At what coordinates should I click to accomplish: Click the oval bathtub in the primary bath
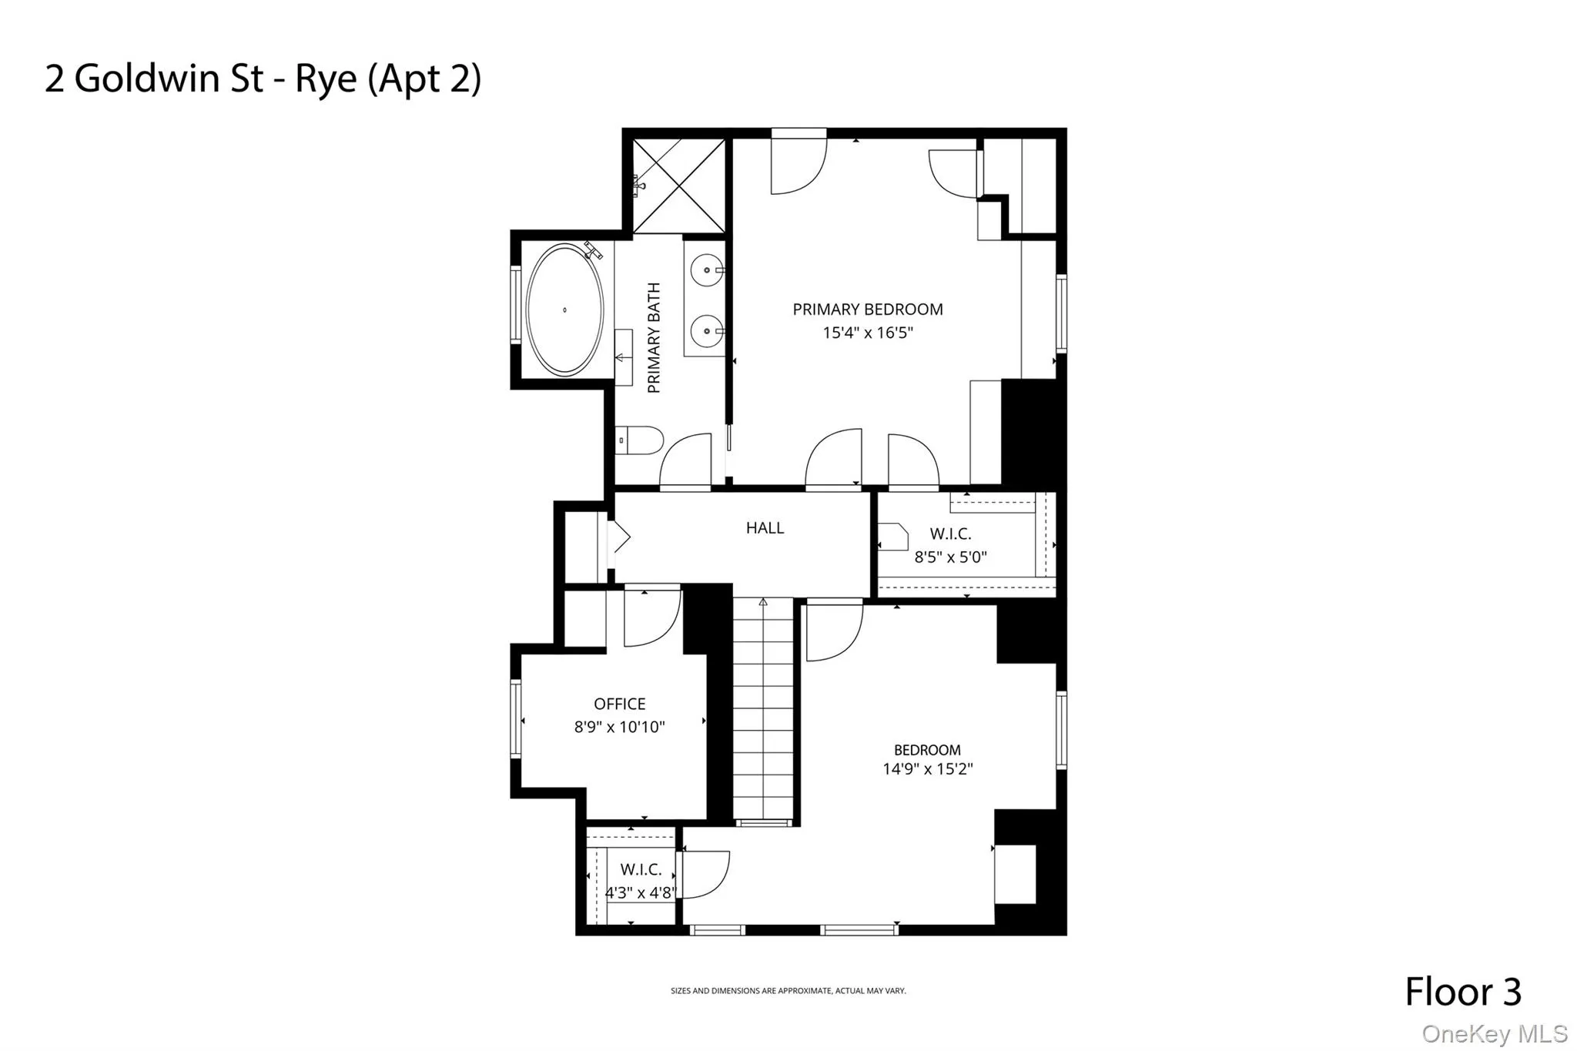tap(564, 310)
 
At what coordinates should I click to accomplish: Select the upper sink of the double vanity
tap(706, 271)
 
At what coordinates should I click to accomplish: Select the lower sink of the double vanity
tap(706, 333)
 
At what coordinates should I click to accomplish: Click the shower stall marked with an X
tap(679, 186)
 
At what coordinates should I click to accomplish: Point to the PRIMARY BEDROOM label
tap(868, 310)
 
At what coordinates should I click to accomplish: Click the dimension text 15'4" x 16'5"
tap(868, 333)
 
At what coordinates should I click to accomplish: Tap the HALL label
tap(765, 528)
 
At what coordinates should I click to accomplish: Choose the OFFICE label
tap(619, 704)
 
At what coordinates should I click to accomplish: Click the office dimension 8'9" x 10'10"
tap(619, 727)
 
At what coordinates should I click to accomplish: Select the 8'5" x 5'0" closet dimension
tap(950, 557)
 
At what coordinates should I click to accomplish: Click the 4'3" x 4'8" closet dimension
tap(641, 893)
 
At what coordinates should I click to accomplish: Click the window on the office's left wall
tap(516, 719)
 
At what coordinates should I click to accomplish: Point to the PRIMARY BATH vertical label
tap(654, 337)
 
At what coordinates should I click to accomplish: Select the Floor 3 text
tap(1463, 992)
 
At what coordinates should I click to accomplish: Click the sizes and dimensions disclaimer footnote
tap(788, 991)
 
